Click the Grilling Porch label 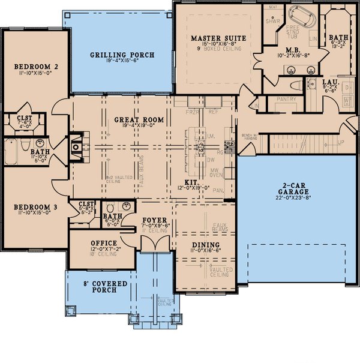point(122,55)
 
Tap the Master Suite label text point(218,38)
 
